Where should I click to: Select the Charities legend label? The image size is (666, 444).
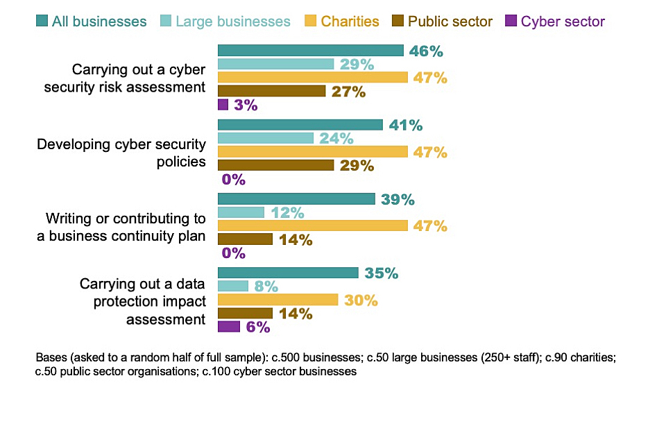(x=350, y=22)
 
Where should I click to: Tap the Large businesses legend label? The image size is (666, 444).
(x=232, y=22)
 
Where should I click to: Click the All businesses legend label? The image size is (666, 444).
(x=99, y=22)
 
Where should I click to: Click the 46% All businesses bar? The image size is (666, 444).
(x=310, y=51)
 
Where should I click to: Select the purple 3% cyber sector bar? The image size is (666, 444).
(x=223, y=105)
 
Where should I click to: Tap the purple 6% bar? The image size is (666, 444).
(x=229, y=327)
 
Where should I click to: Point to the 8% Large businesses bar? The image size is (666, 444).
(x=233, y=286)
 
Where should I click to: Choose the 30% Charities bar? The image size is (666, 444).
(x=277, y=300)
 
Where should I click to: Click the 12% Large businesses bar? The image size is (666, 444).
(x=241, y=212)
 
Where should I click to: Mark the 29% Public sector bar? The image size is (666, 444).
(x=275, y=165)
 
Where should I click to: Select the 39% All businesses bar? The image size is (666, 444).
(x=296, y=199)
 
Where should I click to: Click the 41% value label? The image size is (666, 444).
(x=406, y=126)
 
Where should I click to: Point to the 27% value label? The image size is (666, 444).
(x=348, y=92)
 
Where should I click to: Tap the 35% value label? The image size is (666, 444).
(x=381, y=273)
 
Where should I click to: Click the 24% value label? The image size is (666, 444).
(x=336, y=139)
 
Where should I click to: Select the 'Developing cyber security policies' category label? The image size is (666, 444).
(x=121, y=153)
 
